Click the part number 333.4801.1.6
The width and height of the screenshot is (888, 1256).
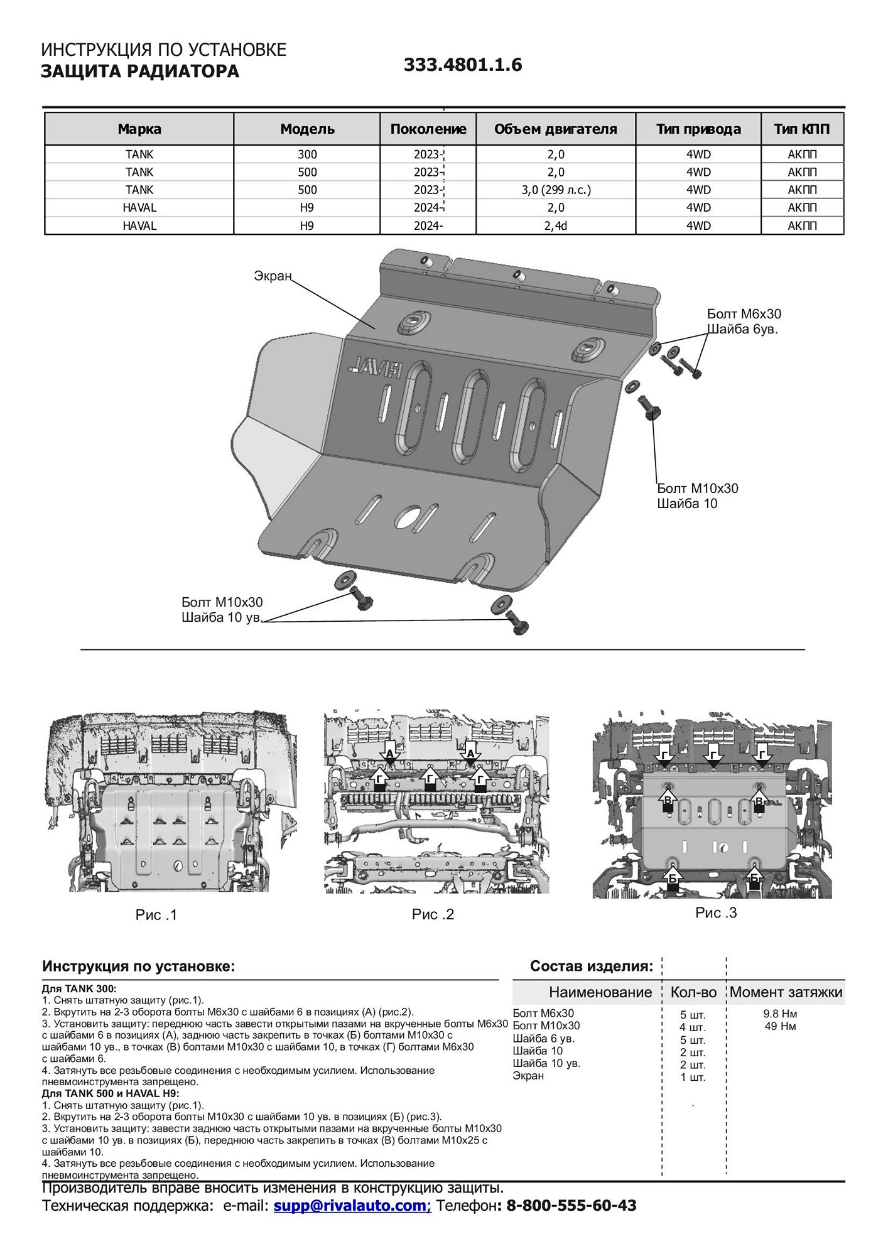(x=462, y=65)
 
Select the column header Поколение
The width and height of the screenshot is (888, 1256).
(x=428, y=129)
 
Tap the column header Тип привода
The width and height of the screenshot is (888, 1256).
(x=698, y=129)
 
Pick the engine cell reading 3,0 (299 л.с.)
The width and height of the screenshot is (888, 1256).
(x=556, y=190)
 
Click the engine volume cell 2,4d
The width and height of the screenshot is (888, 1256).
(x=556, y=225)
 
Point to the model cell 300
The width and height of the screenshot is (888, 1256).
(x=307, y=154)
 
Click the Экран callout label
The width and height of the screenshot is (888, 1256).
(x=273, y=276)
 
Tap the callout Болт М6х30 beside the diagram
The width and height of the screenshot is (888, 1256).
(x=744, y=314)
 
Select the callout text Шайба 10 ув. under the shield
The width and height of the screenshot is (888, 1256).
(x=222, y=617)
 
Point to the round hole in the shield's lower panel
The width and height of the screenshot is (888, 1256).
(x=408, y=515)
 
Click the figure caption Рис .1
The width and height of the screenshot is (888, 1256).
(x=156, y=915)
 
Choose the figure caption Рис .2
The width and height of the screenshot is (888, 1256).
(x=433, y=914)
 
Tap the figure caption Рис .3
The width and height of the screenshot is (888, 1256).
(x=716, y=912)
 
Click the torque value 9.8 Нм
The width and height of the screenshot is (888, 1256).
(x=781, y=1014)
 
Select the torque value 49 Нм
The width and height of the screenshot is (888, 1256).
(x=781, y=1026)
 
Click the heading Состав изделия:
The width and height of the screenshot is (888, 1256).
(x=592, y=966)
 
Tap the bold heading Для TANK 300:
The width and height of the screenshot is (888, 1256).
(x=79, y=989)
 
